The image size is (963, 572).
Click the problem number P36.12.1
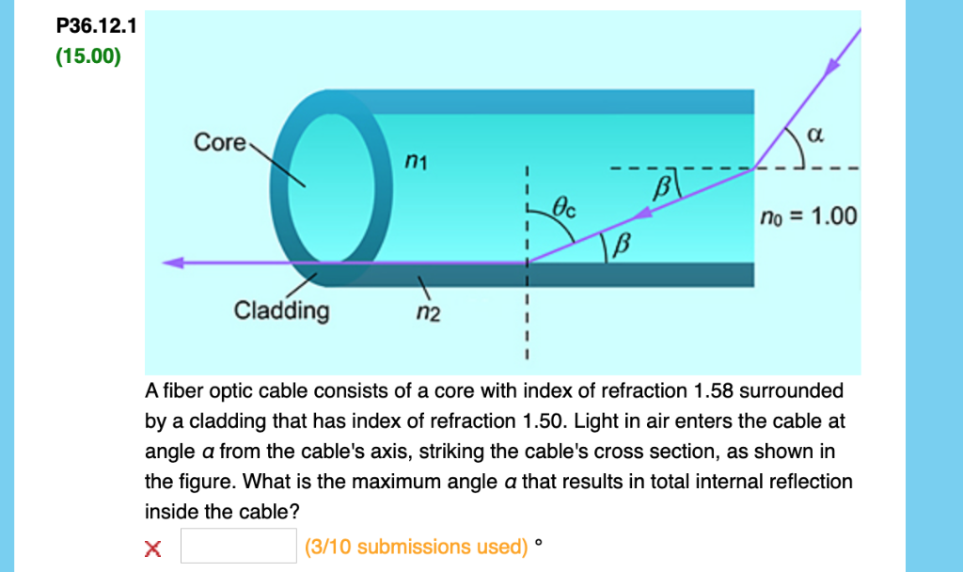tap(96, 27)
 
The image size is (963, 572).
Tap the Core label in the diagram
tap(219, 143)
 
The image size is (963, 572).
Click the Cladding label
tap(282, 310)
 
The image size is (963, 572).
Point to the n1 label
tap(416, 164)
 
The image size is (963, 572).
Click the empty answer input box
tap(239, 546)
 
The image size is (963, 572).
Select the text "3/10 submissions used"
tap(417, 547)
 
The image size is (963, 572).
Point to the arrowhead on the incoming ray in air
tap(832, 68)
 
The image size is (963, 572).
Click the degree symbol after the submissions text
tap(538, 542)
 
